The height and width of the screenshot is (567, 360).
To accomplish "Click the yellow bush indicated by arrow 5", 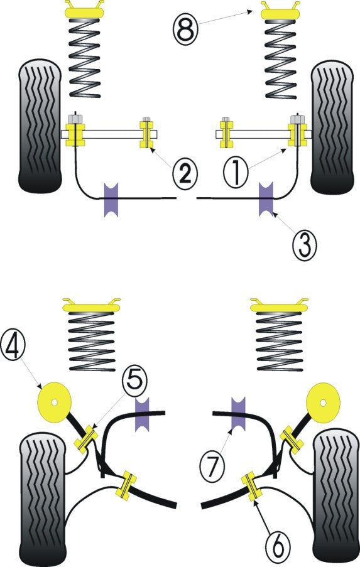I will tap(86, 437).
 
